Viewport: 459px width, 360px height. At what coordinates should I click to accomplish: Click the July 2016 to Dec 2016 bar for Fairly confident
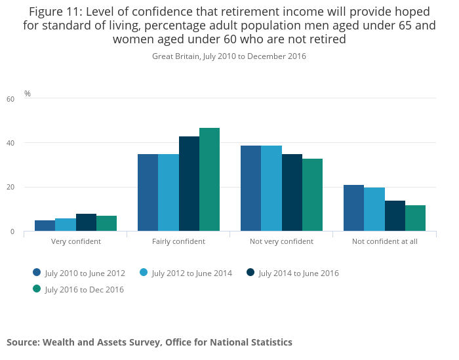click(x=209, y=180)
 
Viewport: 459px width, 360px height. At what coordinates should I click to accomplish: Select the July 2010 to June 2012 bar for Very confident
click(x=45, y=226)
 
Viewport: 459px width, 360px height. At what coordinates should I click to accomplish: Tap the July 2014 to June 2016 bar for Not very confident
click(x=292, y=193)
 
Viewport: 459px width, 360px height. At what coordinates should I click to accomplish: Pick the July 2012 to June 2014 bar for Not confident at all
click(x=374, y=209)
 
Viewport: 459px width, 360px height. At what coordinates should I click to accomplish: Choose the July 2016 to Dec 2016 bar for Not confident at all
click(x=415, y=218)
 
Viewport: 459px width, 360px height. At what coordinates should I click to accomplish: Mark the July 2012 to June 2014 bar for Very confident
click(x=66, y=225)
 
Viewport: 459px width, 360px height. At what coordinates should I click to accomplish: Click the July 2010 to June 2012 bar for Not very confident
click(x=250, y=188)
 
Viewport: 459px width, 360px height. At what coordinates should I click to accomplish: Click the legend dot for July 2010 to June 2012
click(x=37, y=273)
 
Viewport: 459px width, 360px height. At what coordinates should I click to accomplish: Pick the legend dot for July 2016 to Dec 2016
click(x=37, y=289)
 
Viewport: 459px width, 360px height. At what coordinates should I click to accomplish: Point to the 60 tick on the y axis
click(x=10, y=99)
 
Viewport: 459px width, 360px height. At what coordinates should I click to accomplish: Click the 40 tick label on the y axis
click(x=10, y=143)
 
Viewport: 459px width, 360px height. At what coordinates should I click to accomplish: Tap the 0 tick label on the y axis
click(x=12, y=231)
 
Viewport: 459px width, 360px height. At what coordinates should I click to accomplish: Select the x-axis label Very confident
click(x=75, y=241)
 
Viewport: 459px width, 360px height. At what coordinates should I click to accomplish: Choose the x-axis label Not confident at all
click(x=384, y=241)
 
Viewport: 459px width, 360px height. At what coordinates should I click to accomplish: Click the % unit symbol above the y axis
click(x=28, y=94)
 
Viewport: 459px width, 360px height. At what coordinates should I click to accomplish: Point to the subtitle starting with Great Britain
click(x=229, y=56)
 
